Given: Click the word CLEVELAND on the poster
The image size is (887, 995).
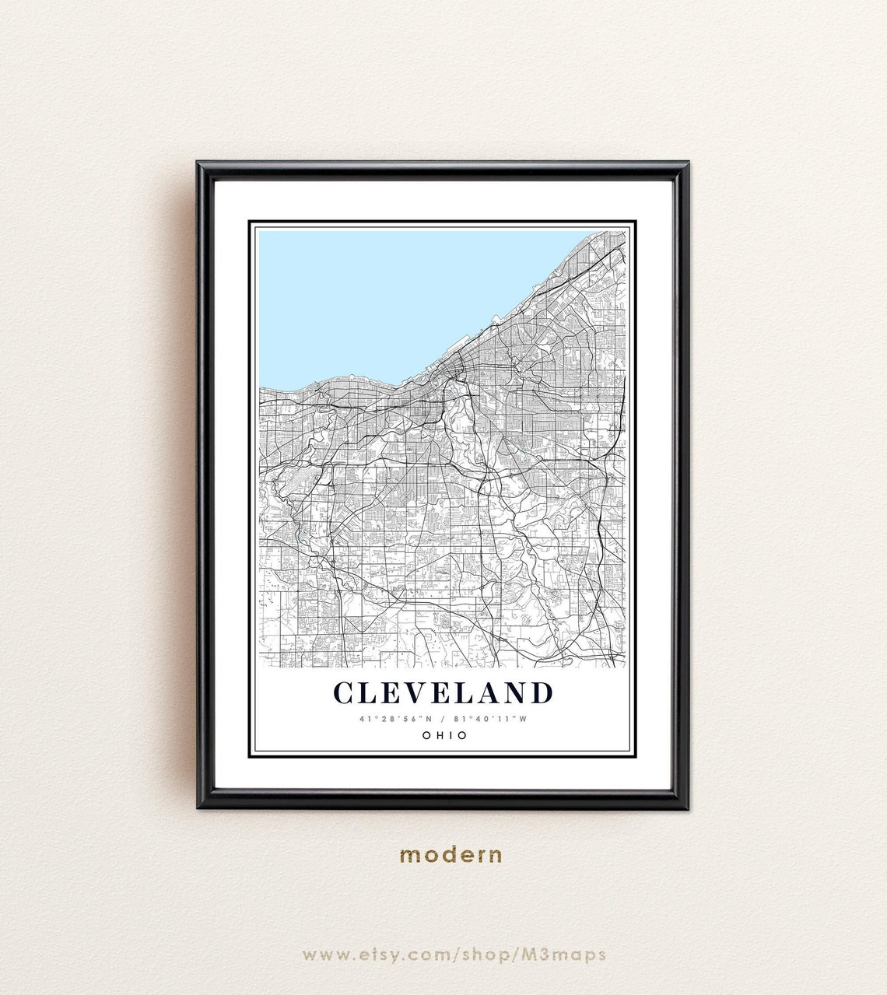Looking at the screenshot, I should pos(443,692).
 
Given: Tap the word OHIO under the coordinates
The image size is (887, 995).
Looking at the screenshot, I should pos(443,735).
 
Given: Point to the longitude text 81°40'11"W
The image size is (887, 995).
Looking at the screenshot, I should pos(493,719).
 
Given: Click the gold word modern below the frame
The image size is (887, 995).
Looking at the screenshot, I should pos(451,854).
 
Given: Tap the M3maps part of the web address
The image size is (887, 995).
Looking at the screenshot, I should pos(570,955).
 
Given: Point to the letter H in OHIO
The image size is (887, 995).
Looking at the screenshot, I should pos(436,735).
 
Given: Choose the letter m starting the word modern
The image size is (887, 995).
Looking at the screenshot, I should pos(408,854).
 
